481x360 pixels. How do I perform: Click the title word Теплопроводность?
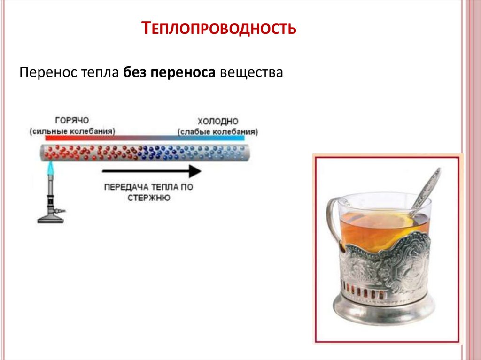coord(219,29)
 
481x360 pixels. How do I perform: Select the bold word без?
coord(136,73)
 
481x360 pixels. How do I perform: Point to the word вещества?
coord(252,73)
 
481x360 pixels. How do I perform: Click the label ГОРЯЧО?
coord(72,120)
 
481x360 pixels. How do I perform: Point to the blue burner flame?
coord(49,169)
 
